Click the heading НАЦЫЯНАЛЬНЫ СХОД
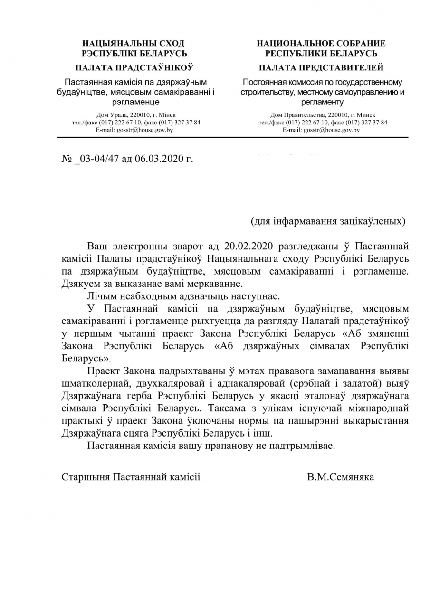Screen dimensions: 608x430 134,43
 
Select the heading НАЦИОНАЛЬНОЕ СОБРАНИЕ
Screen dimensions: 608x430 321,43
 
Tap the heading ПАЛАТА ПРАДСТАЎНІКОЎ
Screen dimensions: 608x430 134,68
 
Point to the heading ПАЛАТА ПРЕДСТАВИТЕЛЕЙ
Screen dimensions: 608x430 321,68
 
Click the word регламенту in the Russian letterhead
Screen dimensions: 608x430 322,102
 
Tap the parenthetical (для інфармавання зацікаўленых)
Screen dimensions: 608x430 328,221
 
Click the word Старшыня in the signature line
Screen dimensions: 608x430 86,476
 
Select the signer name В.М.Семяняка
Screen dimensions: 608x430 341,476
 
